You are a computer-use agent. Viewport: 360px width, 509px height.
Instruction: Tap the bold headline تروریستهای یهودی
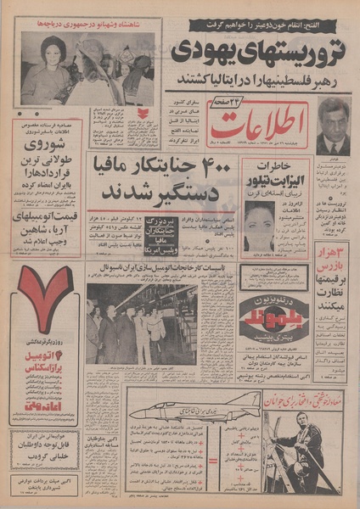pyautogui.click(x=258, y=51)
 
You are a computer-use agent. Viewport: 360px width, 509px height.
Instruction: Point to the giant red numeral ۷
pyautogui.click(x=44, y=298)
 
